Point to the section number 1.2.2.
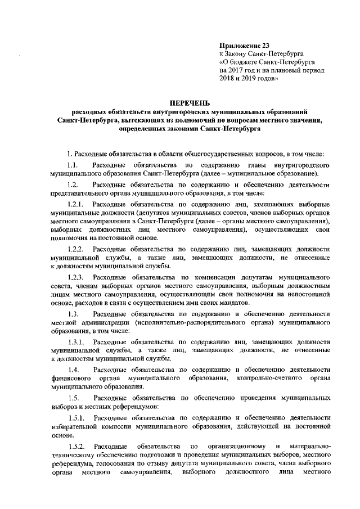pyautogui.click(x=75, y=249)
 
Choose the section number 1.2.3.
pyautogui.click(x=75, y=277)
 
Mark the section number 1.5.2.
pyautogui.click(x=75, y=447)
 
